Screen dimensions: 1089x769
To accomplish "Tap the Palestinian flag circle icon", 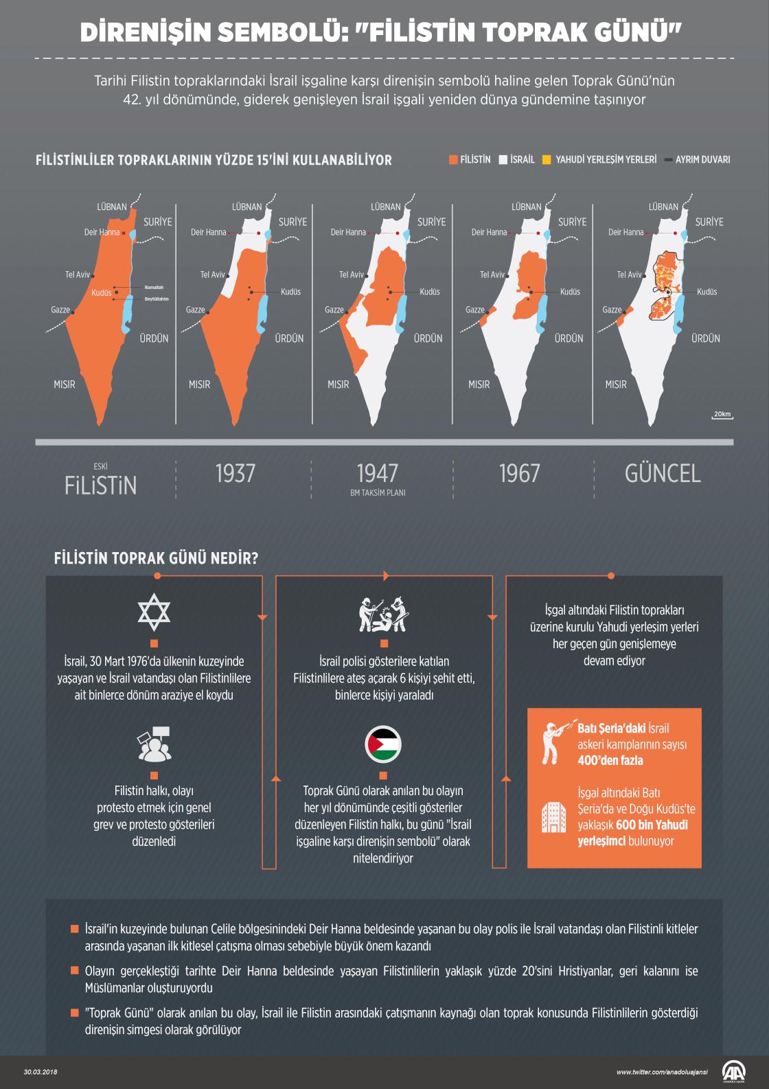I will click(x=383, y=745).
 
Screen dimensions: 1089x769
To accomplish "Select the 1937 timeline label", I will click(x=235, y=473).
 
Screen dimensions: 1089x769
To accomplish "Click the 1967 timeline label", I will click(x=519, y=473).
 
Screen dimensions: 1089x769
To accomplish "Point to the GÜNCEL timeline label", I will click(x=663, y=473).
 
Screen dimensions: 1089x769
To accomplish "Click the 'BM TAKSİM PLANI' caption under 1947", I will click(x=378, y=493).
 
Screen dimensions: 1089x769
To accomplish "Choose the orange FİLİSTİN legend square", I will click(x=453, y=160).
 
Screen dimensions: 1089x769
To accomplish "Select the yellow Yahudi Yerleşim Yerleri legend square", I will click(x=547, y=160).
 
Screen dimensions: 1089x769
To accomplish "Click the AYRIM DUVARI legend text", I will click(x=702, y=160).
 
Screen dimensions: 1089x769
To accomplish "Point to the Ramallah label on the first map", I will click(x=154, y=287).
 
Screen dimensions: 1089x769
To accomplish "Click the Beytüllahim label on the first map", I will click(x=156, y=299).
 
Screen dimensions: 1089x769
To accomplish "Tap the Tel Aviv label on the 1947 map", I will click(x=352, y=275).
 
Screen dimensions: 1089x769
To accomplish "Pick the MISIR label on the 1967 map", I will click(x=479, y=385).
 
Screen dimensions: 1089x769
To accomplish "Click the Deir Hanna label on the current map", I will click(x=625, y=232).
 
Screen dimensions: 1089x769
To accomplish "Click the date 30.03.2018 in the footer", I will click(x=39, y=1072).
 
